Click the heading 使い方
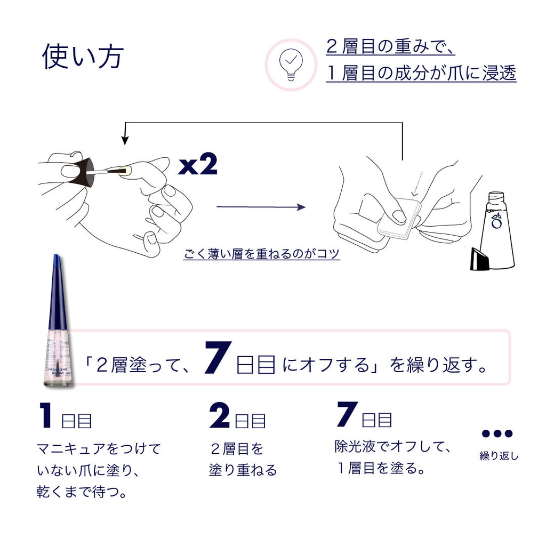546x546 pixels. [83, 57]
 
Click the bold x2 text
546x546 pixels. [198, 166]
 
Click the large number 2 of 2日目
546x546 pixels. [219, 416]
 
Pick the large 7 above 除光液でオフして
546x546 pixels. [347, 414]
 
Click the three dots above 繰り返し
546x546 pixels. [496, 433]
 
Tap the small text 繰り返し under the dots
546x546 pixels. [499, 456]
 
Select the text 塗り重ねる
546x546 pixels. [243, 470]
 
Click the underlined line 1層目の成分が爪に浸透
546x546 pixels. [421, 73]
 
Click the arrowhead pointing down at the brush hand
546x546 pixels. [125, 140]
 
